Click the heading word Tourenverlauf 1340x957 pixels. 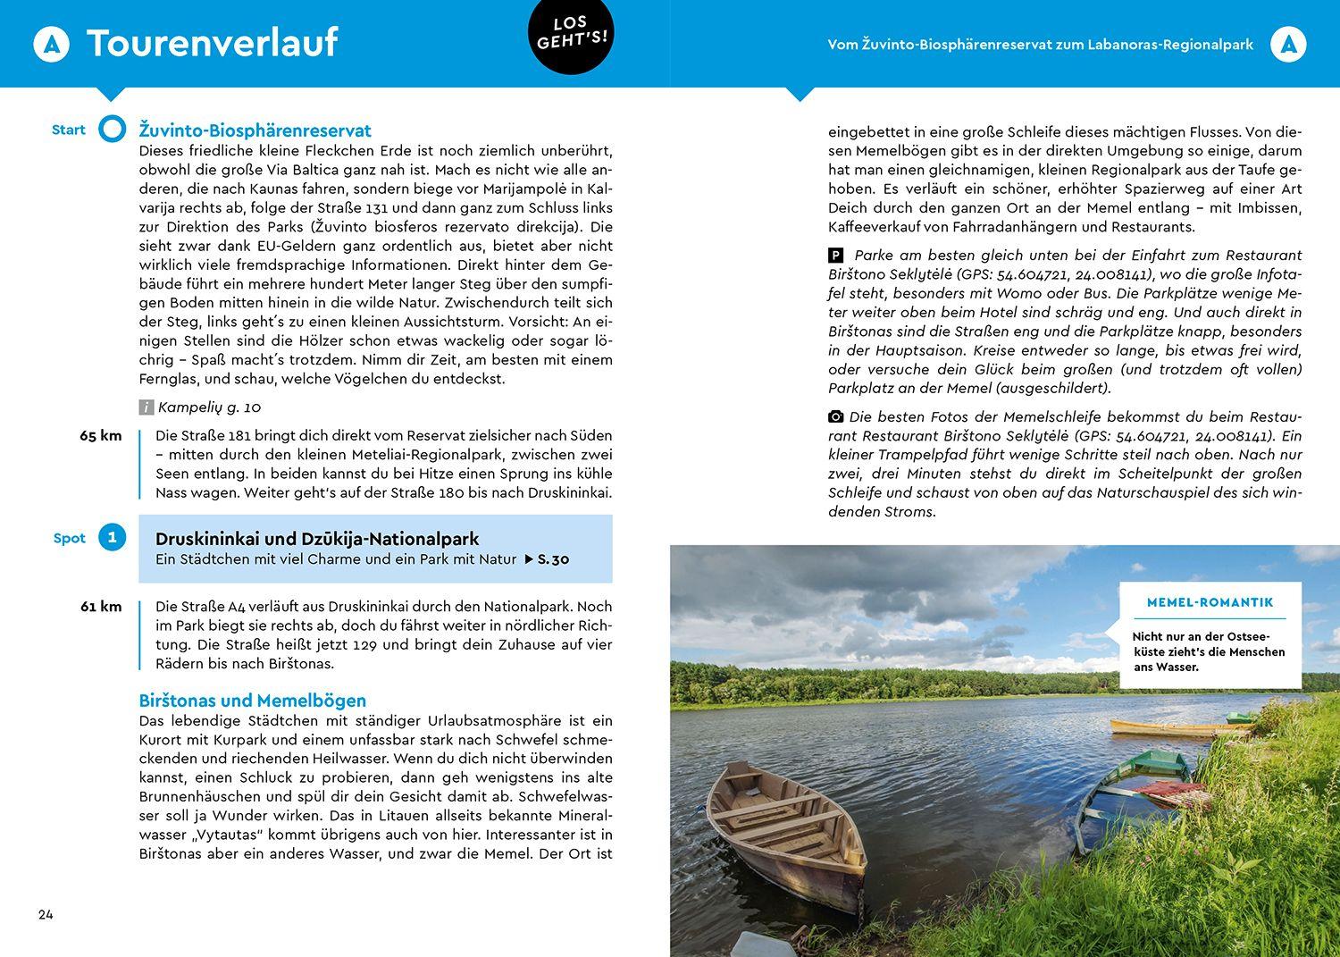212,43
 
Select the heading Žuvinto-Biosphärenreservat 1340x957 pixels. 255,130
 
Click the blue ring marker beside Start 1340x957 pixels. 113,130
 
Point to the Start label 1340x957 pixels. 69,130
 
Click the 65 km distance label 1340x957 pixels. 100,436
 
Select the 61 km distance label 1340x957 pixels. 100,607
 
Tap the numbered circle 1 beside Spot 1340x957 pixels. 112,537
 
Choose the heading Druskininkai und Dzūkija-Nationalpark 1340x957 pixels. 317,539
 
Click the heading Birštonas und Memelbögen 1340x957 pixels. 253,701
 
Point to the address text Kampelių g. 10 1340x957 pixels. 209,407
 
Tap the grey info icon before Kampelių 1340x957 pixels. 147,407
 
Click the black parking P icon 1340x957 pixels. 836,256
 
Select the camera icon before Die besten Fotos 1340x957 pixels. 836,416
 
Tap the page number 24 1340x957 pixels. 46,914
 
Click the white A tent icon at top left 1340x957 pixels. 51,44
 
